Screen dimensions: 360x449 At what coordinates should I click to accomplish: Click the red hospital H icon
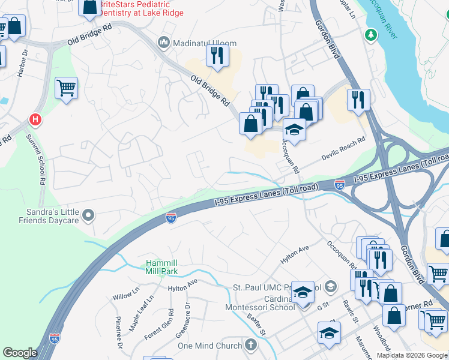[35, 120]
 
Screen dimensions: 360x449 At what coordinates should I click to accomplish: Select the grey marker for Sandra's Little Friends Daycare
[89, 215]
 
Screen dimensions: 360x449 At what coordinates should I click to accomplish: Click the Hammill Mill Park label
[161, 268]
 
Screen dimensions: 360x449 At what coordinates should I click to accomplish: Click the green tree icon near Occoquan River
[372, 34]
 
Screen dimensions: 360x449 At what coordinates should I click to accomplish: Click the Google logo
[20, 353]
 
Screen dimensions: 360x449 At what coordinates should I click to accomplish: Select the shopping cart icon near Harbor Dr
[66, 88]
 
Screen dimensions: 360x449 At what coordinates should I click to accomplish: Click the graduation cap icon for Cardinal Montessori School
[303, 292]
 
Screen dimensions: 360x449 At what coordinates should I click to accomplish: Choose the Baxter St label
[256, 328]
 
